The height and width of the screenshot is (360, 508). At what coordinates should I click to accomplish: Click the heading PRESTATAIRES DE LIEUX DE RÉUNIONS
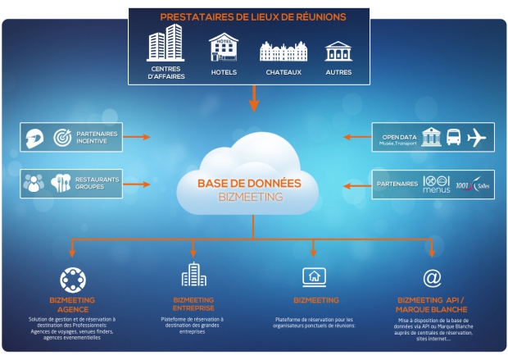click(x=253, y=16)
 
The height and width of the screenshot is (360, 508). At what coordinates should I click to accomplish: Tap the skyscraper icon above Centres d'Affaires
click(x=165, y=43)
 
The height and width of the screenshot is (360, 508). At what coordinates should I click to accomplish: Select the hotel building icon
click(x=223, y=48)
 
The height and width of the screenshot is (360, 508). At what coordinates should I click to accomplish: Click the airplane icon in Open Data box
click(x=478, y=137)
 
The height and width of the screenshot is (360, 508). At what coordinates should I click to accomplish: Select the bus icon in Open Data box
click(x=452, y=137)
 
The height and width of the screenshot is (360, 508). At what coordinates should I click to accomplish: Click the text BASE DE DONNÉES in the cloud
click(x=249, y=184)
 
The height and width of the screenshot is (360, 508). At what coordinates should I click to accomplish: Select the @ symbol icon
click(x=431, y=277)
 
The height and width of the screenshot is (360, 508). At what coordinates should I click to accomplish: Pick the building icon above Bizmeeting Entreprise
click(x=193, y=276)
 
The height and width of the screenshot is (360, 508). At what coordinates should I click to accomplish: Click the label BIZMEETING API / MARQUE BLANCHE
click(x=431, y=304)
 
